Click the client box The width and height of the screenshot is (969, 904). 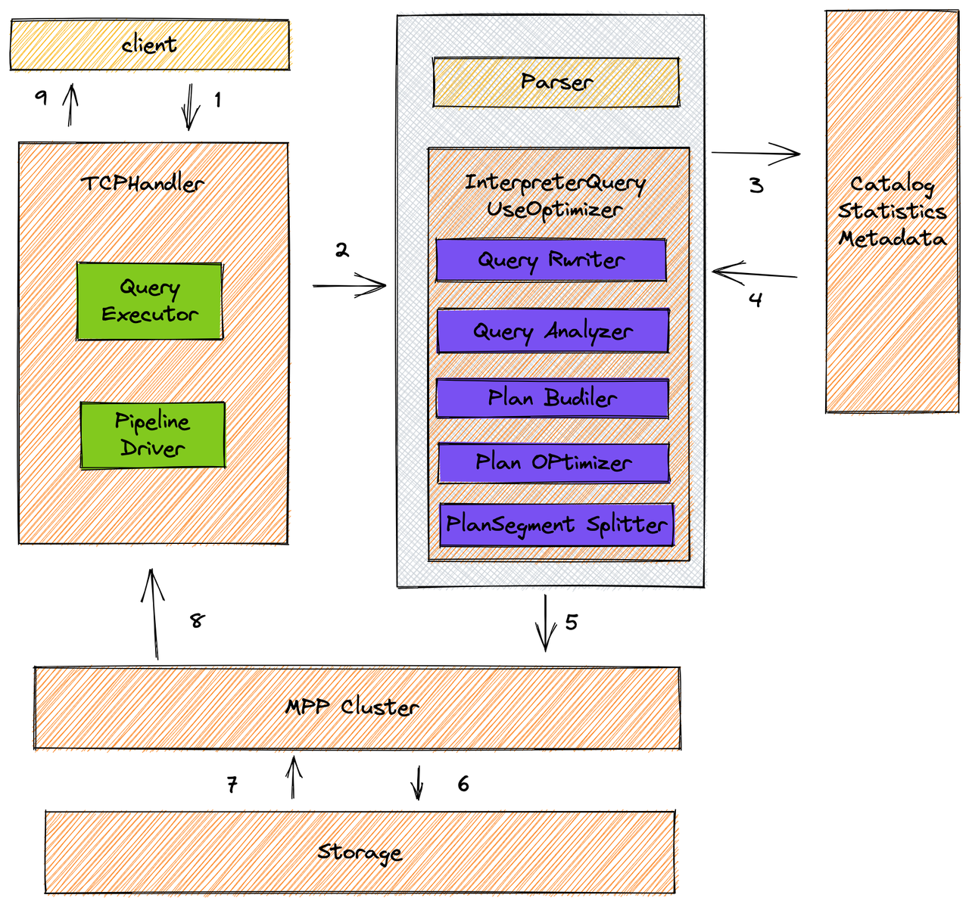(x=149, y=45)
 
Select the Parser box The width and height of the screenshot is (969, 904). (x=556, y=82)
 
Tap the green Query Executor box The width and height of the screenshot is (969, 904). (x=150, y=301)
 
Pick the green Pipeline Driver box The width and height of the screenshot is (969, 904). (x=152, y=435)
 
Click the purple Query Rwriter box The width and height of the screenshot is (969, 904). (x=551, y=260)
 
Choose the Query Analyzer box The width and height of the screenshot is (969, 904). (x=553, y=331)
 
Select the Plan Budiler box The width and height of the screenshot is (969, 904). (x=553, y=398)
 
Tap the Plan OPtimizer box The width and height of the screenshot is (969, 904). (x=553, y=462)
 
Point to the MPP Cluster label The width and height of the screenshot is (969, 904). (x=352, y=707)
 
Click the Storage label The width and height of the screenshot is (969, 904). (x=360, y=853)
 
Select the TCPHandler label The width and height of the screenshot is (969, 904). (x=142, y=184)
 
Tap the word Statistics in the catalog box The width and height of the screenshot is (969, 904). (x=892, y=211)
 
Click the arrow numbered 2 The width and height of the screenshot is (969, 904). (x=350, y=286)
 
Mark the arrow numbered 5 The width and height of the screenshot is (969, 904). (x=544, y=623)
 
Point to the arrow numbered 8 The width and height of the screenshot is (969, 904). (x=153, y=614)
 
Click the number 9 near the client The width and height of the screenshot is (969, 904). (x=42, y=97)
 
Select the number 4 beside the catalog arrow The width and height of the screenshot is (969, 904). (x=756, y=300)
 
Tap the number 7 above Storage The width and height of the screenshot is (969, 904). (x=232, y=784)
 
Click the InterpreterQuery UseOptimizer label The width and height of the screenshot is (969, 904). (x=555, y=195)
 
